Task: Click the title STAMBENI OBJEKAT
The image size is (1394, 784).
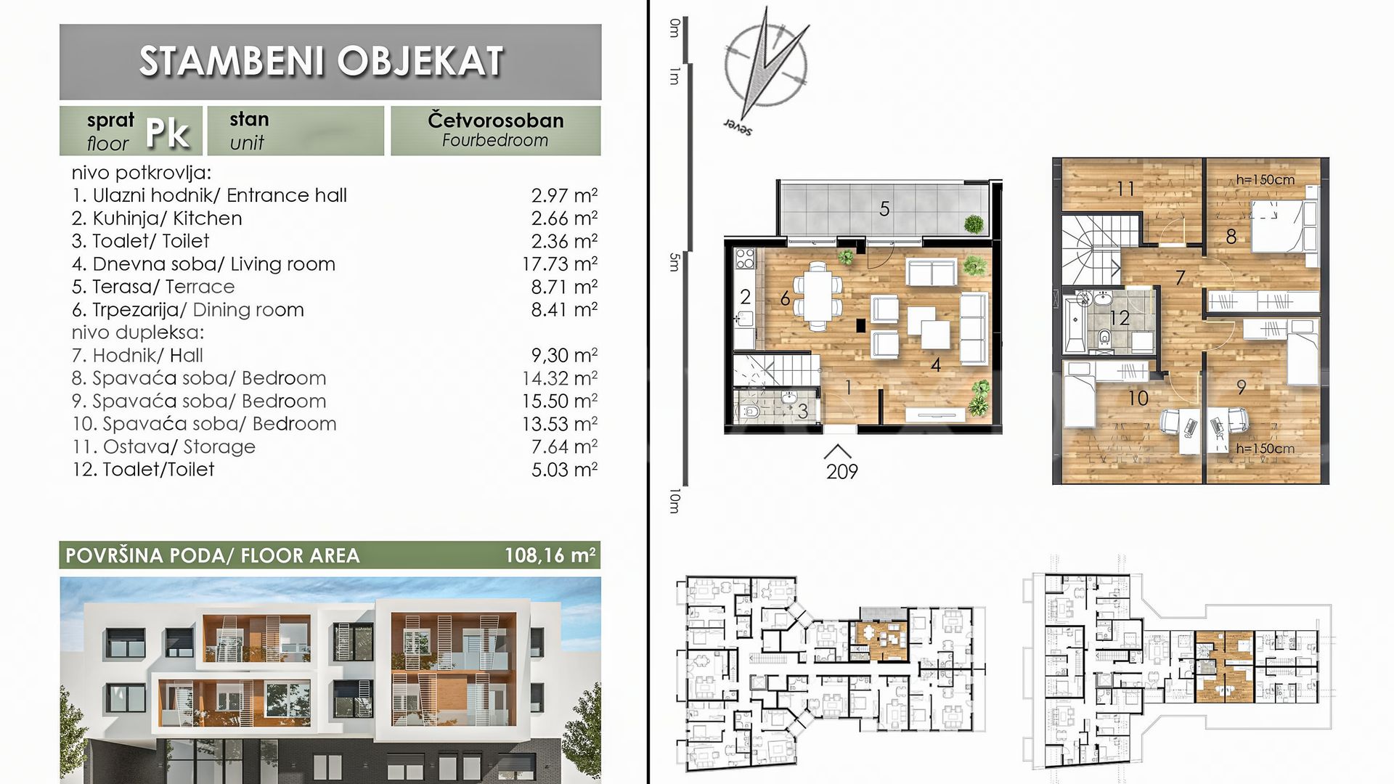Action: (322, 60)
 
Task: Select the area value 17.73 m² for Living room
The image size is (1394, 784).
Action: (560, 264)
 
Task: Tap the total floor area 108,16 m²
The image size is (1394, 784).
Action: (550, 556)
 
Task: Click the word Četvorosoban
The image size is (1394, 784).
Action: (496, 120)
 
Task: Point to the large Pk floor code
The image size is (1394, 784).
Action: (168, 132)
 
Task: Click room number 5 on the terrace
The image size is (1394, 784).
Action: (884, 209)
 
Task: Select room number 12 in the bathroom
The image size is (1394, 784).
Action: (1119, 317)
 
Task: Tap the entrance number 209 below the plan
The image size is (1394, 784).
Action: (842, 472)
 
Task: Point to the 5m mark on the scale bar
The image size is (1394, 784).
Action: (674, 262)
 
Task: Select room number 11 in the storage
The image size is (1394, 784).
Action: (1125, 189)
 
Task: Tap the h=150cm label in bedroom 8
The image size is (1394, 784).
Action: (1265, 180)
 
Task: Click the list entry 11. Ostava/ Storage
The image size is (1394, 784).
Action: (164, 446)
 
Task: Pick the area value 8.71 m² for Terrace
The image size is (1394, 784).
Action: (564, 287)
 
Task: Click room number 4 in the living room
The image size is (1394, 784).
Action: (936, 364)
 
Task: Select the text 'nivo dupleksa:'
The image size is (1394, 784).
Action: (138, 333)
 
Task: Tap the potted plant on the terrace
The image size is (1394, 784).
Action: (974, 223)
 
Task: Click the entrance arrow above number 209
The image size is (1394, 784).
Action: (837, 452)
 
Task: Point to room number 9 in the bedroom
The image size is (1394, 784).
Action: (1242, 388)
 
